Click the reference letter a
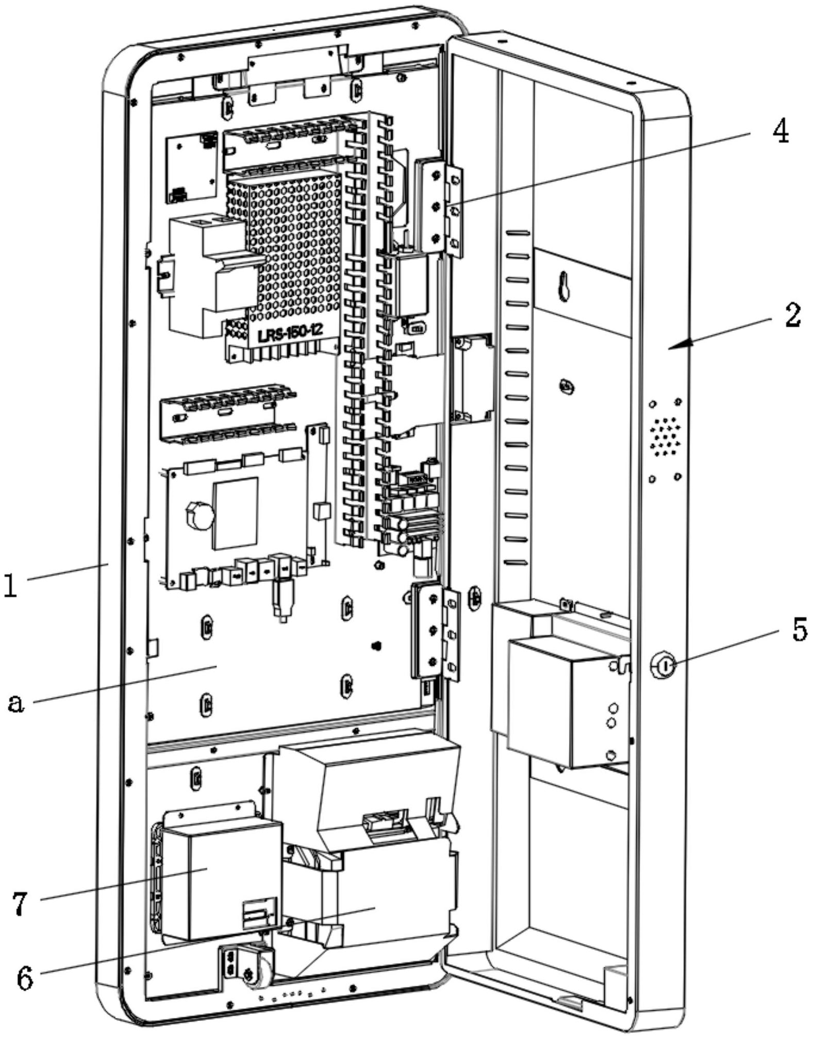click(16, 702)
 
